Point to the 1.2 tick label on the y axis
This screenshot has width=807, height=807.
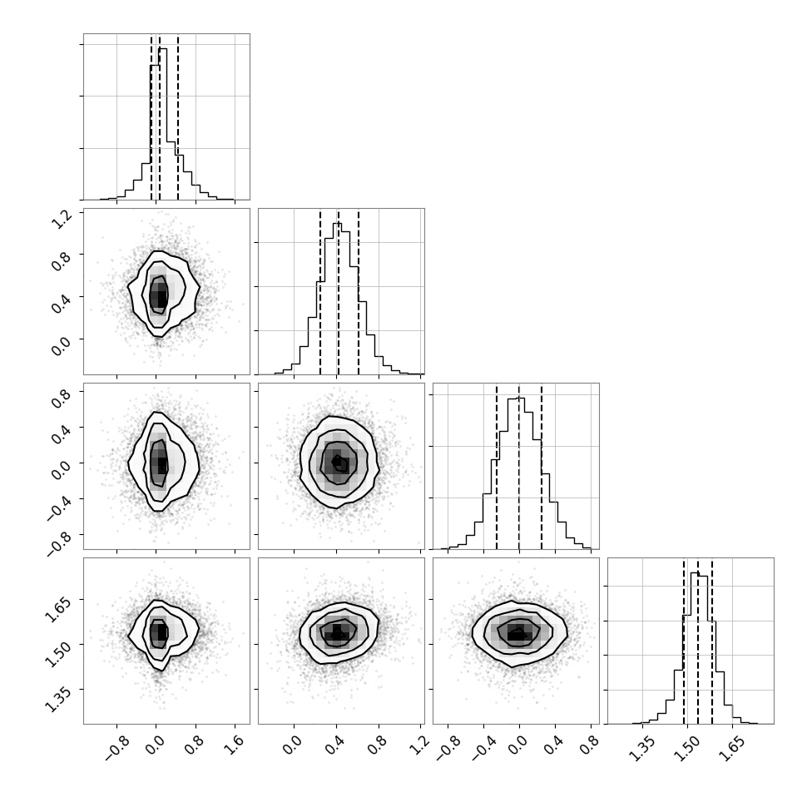pyautogui.click(x=62, y=220)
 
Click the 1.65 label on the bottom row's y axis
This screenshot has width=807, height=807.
pyautogui.click(x=57, y=609)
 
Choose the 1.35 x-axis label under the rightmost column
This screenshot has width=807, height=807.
pyautogui.click(x=641, y=750)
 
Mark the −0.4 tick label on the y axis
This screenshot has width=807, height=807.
pyautogui.click(x=57, y=507)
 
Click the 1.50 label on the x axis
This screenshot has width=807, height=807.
pyautogui.click(x=687, y=750)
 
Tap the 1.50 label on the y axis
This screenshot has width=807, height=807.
pyautogui.click(x=57, y=654)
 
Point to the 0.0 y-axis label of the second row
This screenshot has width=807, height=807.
pyautogui.click(x=62, y=346)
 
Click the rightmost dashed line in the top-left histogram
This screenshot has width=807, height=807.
pyautogui.click(x=178, y=116)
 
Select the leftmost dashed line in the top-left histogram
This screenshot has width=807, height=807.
pyautogui.click(x=151, y=116)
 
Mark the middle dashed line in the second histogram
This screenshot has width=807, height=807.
pyautogui.click(x=338, y=292)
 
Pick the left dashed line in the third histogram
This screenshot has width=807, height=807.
pyautogui.click(x=497, y=466)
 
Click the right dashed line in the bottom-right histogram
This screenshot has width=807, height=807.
pyautogui.click(x=712, y=641)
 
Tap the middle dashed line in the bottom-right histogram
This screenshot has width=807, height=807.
pyautogui.click(x=698, y=641)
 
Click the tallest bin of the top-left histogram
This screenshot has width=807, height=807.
pyautogui.click(x=162, y=123)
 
